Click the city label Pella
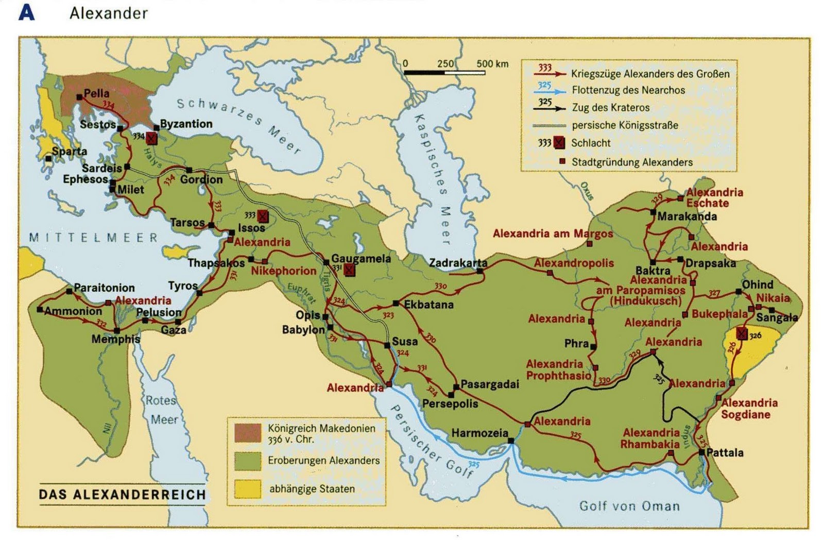click(x=96, y=93)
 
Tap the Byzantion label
click(x=186, y=124)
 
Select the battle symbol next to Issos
click(x=263, y=216)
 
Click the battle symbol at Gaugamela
click(x=350, y=270)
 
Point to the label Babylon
click(x=303, y=329)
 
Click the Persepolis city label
click(x=450, y=404)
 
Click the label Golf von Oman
click(x=629, y=506)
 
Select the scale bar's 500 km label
click(x=492, y=64)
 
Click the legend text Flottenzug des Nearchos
click(x=628, y=90)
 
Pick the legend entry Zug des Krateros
click(x=610, y=108)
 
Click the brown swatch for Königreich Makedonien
click(x=248, y=433)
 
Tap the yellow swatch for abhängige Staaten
click(x=248, y=489)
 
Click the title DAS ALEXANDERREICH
click(x=123, y=495)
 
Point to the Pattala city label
click(x=725, y=453)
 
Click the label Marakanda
click(x=686, y=216)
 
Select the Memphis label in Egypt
click(x=115, y=339)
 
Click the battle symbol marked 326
click(x=742, y=334)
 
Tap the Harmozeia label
click(x=479, y=433)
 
